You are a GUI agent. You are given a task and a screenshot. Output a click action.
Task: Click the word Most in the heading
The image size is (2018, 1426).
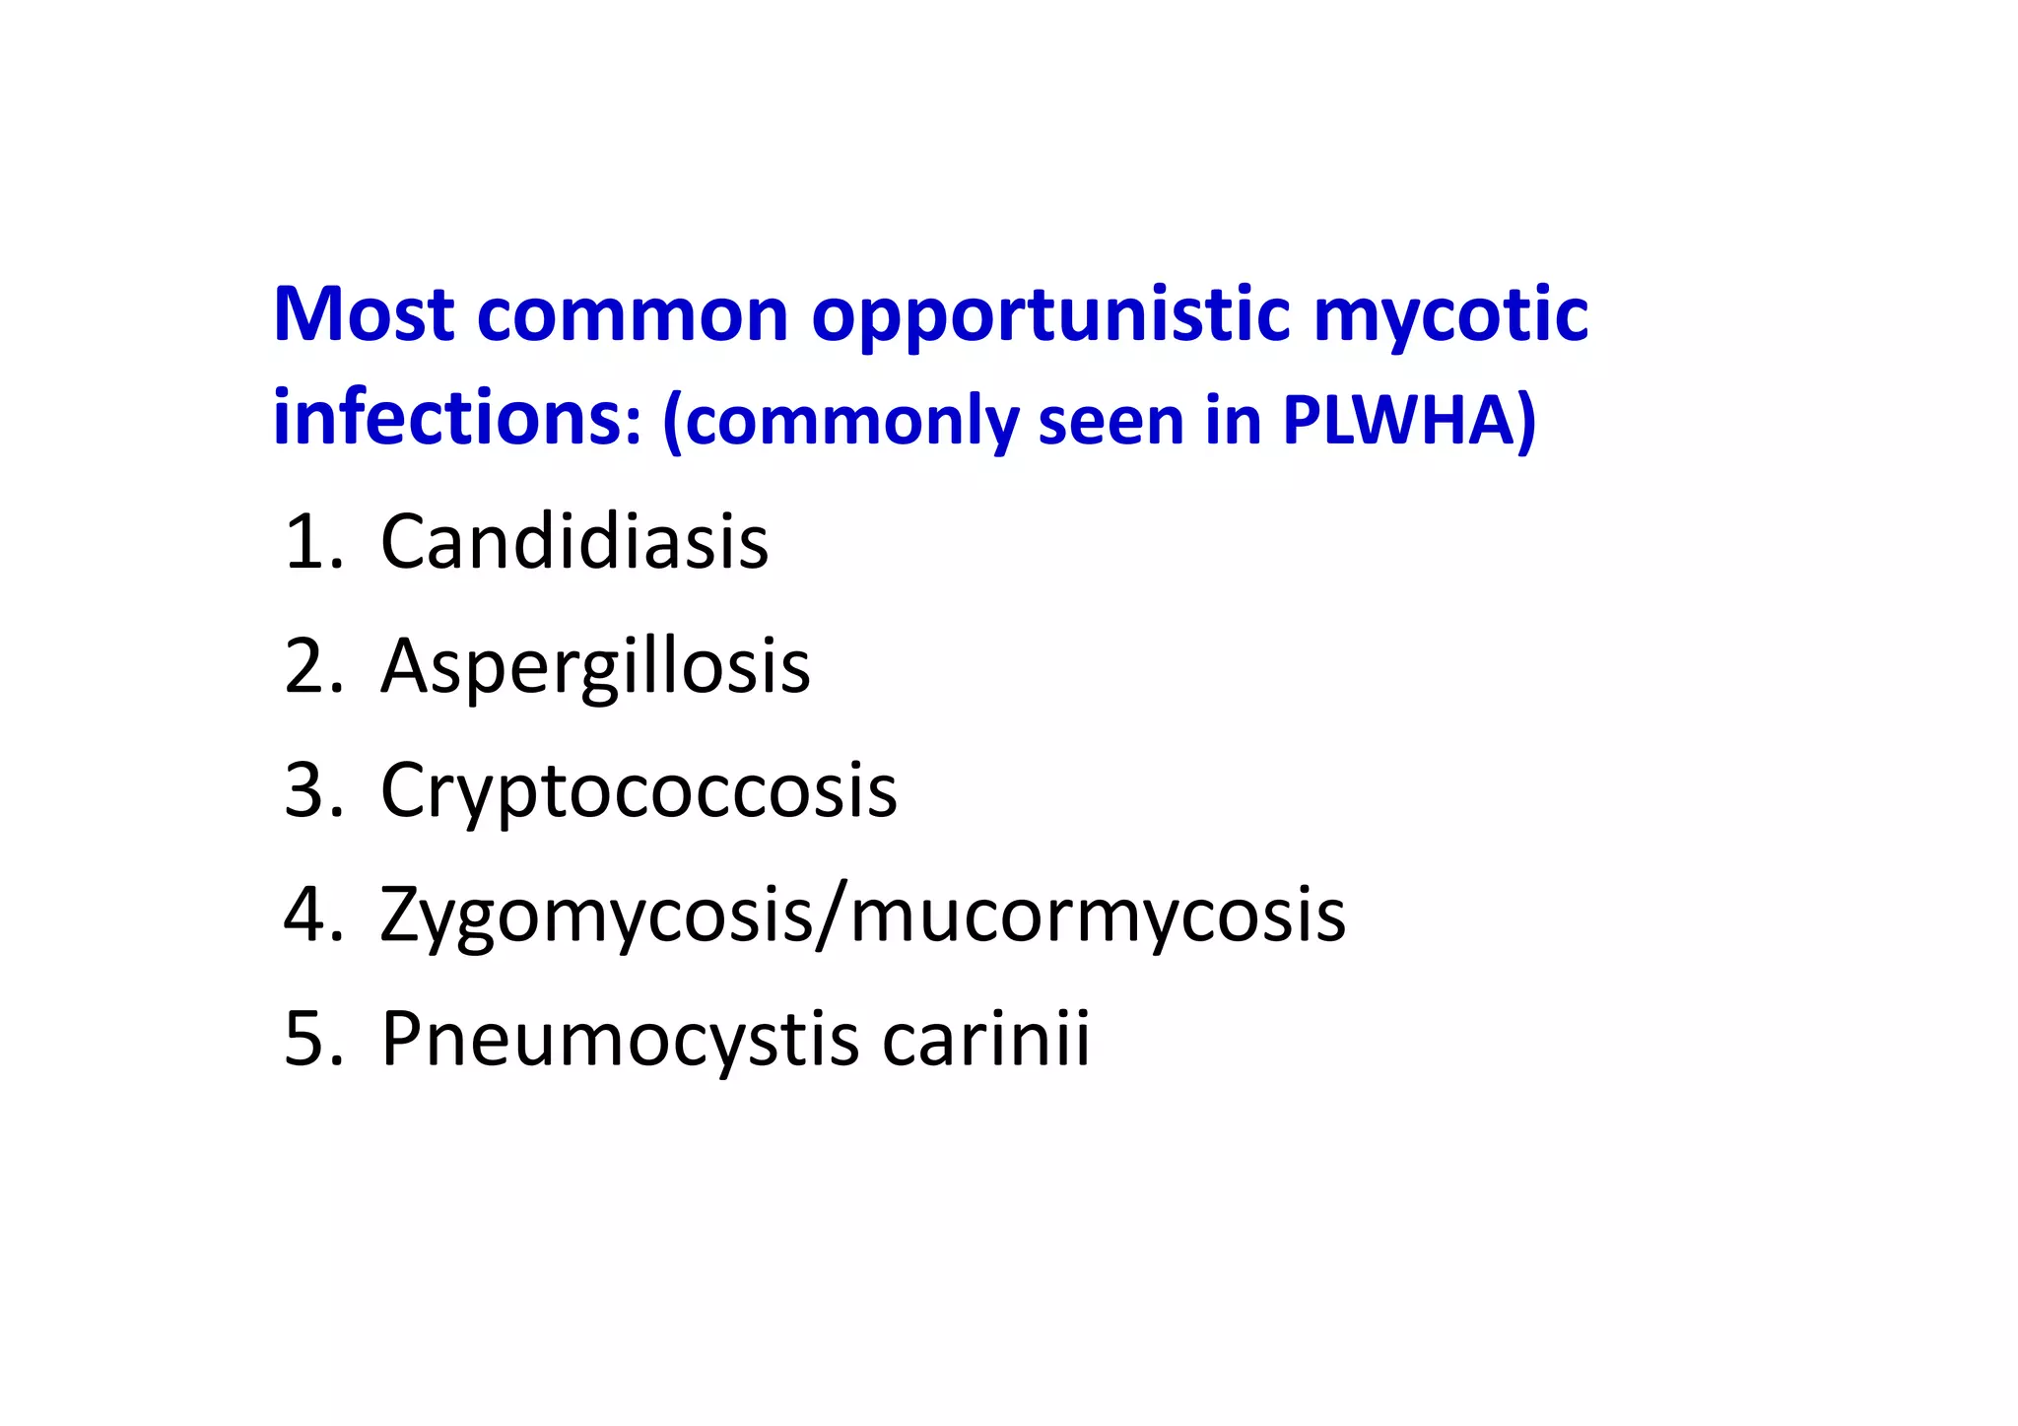tap(364, 314)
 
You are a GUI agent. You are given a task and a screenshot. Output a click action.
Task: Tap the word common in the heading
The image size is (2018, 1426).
tap(633, 316)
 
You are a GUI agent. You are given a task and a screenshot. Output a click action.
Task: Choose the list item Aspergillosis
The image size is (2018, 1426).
tap(595, 668)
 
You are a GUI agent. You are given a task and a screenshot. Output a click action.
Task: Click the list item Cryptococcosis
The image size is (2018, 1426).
tap(639, 791)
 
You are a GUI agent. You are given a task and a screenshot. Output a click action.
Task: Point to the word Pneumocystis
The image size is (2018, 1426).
tap(620, 1040)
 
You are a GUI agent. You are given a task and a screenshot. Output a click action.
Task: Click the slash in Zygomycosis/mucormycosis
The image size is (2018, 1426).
tap(832, 917)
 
